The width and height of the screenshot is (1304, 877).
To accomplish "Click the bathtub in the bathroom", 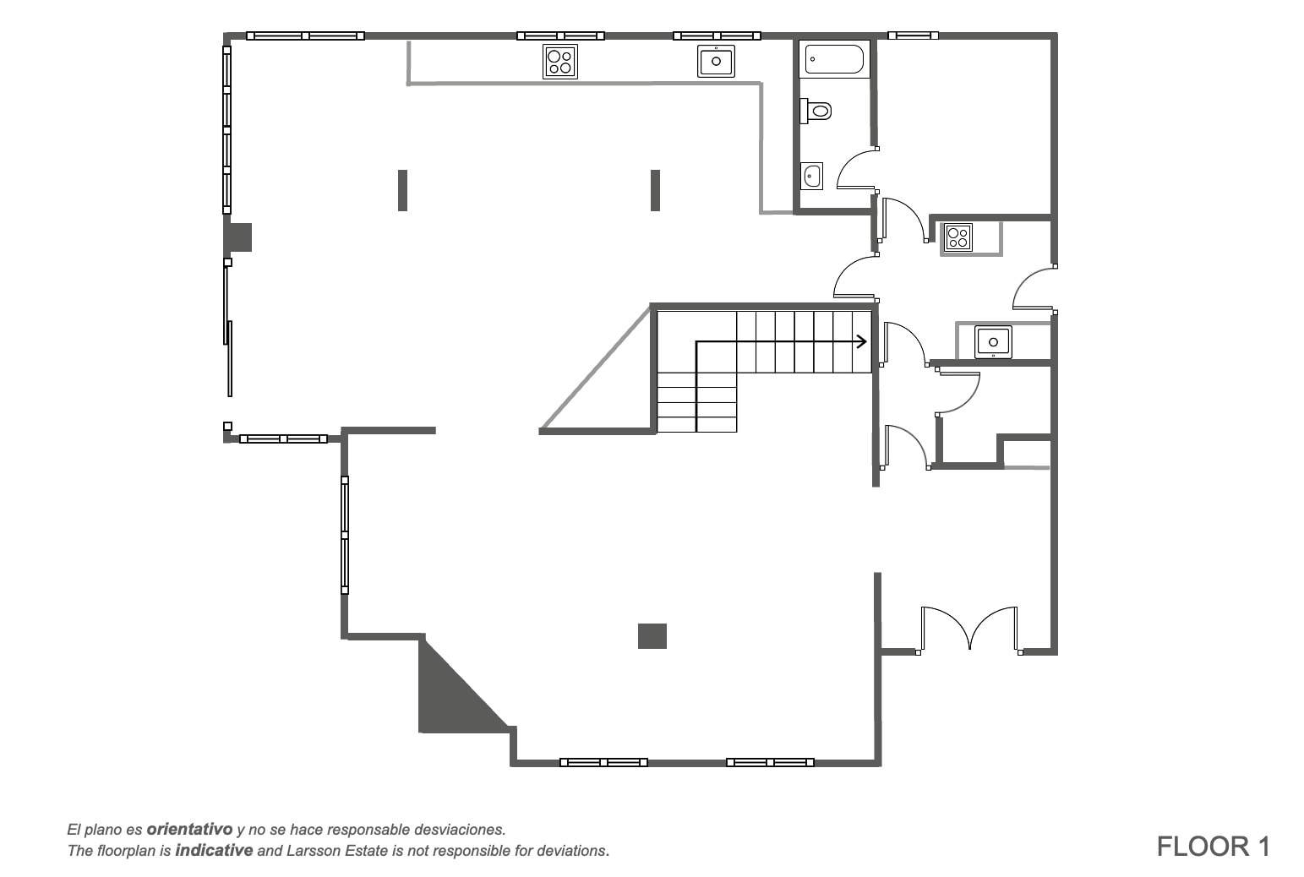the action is click(834, 59).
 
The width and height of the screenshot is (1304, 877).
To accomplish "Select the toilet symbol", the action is click(816, 111).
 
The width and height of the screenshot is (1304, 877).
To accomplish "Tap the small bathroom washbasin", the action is click(811, 176).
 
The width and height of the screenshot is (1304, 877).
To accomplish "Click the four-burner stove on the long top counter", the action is click(560, 62).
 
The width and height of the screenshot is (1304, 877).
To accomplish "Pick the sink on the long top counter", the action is click(716, 61).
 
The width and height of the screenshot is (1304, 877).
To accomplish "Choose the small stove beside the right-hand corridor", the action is click(958, 237).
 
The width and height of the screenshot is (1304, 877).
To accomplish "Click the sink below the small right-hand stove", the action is click(993, 341).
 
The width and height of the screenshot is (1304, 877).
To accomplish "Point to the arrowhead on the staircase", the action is click(862, 341).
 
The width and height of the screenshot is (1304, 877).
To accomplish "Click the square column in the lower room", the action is click(652, 636).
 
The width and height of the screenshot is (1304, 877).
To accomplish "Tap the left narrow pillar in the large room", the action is click(402, 190).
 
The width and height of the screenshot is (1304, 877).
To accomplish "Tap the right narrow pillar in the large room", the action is click(655, 190).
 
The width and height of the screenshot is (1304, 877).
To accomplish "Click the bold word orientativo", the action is click(189, 830).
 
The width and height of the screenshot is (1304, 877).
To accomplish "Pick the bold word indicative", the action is click(214, 851).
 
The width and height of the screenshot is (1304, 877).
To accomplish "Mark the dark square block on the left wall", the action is click(238, 237).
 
